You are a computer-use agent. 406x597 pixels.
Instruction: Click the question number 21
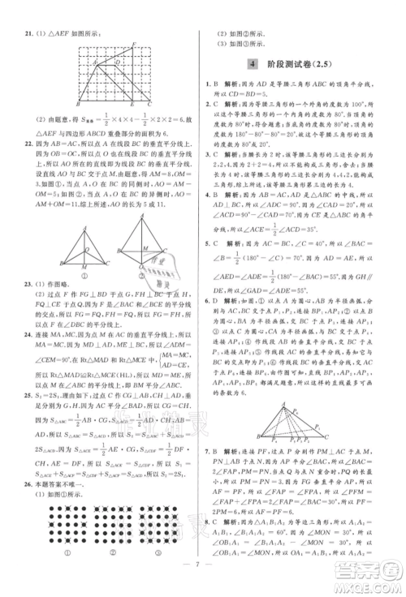30,33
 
